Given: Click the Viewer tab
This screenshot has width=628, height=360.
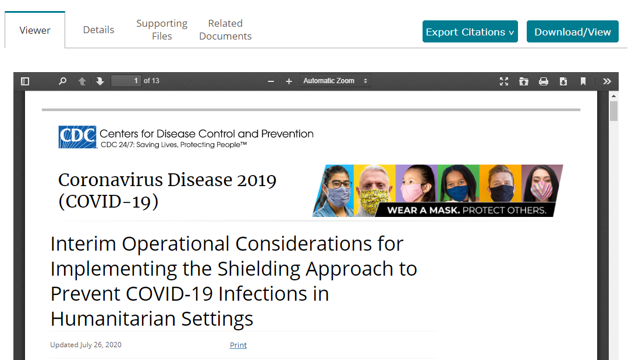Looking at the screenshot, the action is [x=35, y=30].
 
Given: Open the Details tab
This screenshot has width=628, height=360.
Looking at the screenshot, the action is [x=98, y=30].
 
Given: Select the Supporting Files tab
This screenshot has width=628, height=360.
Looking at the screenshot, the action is [x=162, y=30].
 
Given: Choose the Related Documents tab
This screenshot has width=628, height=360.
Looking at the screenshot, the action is [x=225, y=30].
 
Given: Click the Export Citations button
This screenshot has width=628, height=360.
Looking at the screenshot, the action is [x=470, y=31].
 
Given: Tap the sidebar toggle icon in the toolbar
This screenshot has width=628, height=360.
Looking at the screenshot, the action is [x=25, y=81].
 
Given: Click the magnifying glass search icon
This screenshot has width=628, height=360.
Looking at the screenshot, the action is [x=62, y=81].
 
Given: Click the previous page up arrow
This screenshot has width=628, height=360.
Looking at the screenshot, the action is [x=82, y=81].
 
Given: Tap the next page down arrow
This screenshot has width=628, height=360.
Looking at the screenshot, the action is [x=100, y=81].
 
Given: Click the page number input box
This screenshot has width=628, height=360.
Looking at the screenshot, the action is [x=126, y=81].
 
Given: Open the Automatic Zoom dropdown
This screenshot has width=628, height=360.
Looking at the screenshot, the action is [x=335, y=81].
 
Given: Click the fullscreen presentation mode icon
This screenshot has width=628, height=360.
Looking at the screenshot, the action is [x=504, y=81].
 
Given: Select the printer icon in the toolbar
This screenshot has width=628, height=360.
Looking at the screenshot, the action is [x=544, y=81].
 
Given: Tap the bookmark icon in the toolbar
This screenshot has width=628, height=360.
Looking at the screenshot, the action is [x=583, y=81].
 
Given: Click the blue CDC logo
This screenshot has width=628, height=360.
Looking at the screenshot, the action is [x=77, y=137].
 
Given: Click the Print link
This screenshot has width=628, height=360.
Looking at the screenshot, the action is [x=238, y=345].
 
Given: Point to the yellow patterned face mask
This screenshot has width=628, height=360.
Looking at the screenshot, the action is [x=375, y=201].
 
